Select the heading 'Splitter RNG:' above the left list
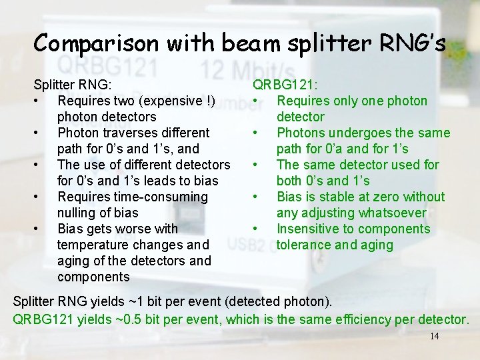point(73,85)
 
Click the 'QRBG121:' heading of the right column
point(285,85)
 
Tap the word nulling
point(79,213)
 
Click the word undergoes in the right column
point(357,133)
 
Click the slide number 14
point(434,336)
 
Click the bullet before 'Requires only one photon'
point(256,101)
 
